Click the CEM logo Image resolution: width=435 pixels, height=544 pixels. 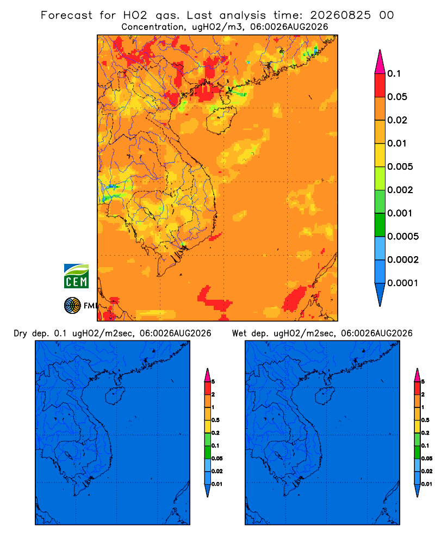coord(76,276)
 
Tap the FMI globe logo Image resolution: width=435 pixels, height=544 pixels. coord(72,305)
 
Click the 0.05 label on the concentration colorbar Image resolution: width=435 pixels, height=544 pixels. coord(397,97)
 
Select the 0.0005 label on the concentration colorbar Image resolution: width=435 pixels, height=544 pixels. coord(403,237)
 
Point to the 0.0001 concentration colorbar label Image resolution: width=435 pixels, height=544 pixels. coord(403,283)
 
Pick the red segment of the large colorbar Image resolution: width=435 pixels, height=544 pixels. coord(380,85)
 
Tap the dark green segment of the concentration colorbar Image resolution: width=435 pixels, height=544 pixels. coord(380,225)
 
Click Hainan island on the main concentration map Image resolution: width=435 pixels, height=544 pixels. coord(221,120)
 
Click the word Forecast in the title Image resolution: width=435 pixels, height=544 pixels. coord(66,15)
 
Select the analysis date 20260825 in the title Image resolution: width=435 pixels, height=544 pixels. coord(340,15)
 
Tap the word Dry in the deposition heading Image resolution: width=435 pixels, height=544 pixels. coord(21,334)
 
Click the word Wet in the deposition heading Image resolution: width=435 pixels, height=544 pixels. coord(239,333)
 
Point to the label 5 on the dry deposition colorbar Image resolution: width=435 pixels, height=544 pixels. coord(213,382)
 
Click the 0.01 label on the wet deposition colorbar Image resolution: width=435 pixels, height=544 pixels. coord(427,484)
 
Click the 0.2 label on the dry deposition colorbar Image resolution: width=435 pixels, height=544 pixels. coord(215,433)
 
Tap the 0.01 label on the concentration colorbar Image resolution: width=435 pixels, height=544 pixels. coord(397,143)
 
